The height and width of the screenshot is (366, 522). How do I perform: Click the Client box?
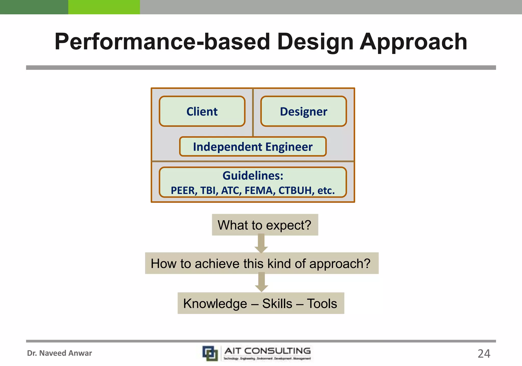coord(202,111)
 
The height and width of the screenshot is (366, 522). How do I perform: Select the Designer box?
coord(303,111)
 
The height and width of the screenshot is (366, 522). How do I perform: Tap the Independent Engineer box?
coord(253,147)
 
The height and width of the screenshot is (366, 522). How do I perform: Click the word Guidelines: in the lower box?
coord(253,176)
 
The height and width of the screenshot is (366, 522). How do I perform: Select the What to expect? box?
coord(265,225)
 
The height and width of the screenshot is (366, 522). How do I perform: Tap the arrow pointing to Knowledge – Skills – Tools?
coord(261,282)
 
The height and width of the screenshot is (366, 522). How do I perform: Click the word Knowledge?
coord(215,303)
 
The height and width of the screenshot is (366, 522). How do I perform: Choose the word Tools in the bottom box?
coord(322,303)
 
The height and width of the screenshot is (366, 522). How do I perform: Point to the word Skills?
coord(277,303)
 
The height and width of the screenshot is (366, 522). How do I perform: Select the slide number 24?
coord(484,354)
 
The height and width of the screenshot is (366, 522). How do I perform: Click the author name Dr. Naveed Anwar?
coord(59,353)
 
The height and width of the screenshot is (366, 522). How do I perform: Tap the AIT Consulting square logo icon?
coord(210,353)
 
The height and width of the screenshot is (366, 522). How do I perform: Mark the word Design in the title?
coord(315,42)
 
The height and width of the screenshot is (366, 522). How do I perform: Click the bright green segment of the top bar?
coord(104,7)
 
